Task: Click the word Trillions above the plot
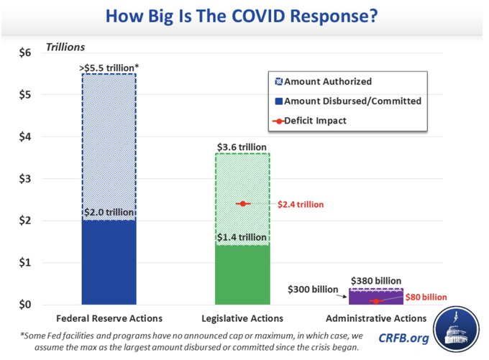65,47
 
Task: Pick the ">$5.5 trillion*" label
109,67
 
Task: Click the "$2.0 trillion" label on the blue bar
109,212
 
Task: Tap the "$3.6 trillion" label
243,147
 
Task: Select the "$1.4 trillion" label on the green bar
243,238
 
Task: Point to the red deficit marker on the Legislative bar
243,204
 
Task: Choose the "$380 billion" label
376,281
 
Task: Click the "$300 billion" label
313,290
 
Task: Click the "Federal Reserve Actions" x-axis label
109,318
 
